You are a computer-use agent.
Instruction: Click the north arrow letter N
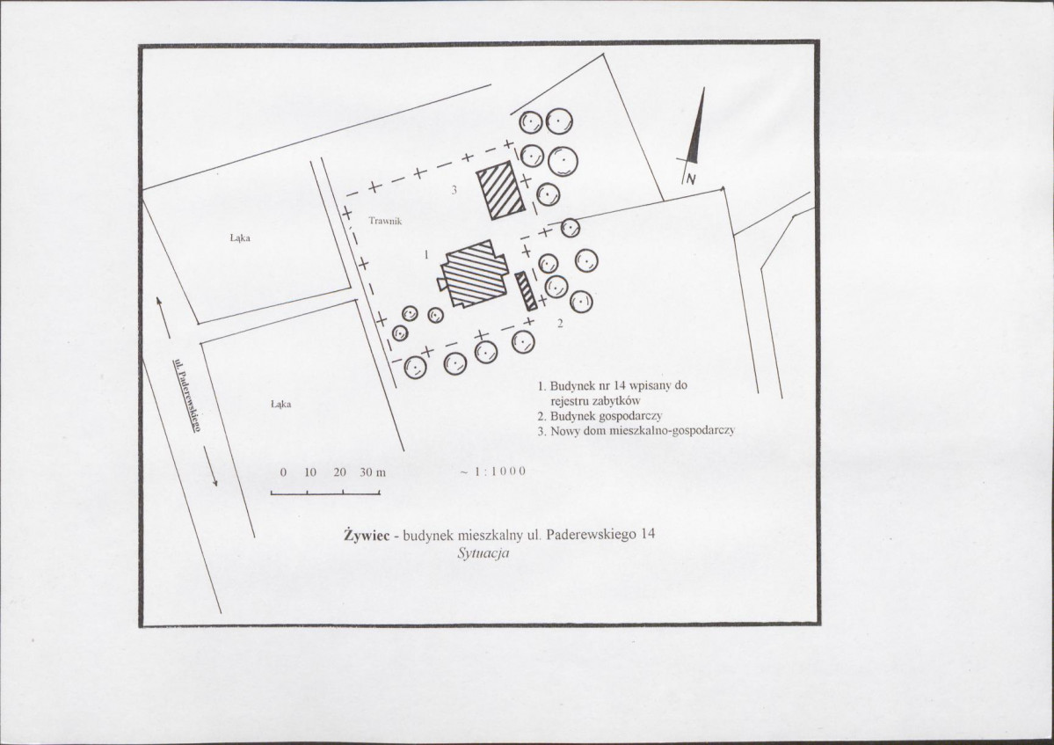691,179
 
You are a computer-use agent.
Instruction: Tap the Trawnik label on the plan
385,221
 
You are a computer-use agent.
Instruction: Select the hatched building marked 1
473,273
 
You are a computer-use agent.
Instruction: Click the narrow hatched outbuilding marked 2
527,290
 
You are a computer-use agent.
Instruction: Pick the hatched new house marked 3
501,190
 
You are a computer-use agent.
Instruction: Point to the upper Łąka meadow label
240,238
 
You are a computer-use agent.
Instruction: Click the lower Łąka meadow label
280,404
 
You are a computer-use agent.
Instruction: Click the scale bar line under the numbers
326,494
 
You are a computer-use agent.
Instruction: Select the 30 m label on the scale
373,472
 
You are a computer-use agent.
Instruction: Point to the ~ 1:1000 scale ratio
493,471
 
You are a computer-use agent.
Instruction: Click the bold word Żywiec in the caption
367,535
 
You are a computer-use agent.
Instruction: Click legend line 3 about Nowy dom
636,430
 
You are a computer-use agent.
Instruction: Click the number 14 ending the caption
648,535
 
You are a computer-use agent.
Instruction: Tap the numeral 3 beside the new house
454,190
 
